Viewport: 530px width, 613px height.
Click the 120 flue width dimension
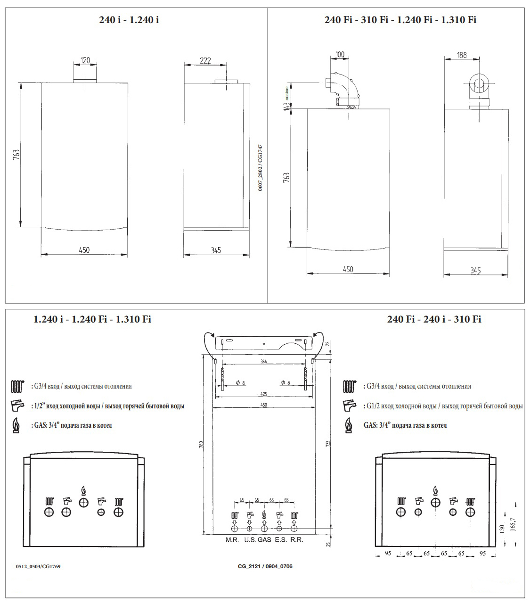85,60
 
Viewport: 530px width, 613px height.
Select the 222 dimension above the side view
205,60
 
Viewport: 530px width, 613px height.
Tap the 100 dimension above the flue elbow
340,55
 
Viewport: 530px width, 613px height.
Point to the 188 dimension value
462,55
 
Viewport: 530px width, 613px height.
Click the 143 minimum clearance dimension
286,107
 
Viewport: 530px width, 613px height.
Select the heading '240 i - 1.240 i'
129,20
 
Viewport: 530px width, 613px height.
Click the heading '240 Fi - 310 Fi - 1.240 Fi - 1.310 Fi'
400,20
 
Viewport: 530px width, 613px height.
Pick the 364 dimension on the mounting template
264,362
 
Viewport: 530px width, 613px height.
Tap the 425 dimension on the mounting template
264,394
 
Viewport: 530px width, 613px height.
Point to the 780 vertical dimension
201,444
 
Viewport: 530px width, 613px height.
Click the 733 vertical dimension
328,443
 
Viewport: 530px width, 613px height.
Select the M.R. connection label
232,540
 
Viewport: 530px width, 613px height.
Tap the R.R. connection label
297,540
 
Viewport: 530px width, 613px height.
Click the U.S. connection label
250,540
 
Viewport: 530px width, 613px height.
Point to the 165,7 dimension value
513,524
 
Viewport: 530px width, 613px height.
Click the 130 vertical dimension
502,529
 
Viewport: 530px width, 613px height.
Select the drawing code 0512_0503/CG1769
38,566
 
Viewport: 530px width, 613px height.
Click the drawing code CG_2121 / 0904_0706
265,566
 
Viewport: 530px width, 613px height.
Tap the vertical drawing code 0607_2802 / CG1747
260,167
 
